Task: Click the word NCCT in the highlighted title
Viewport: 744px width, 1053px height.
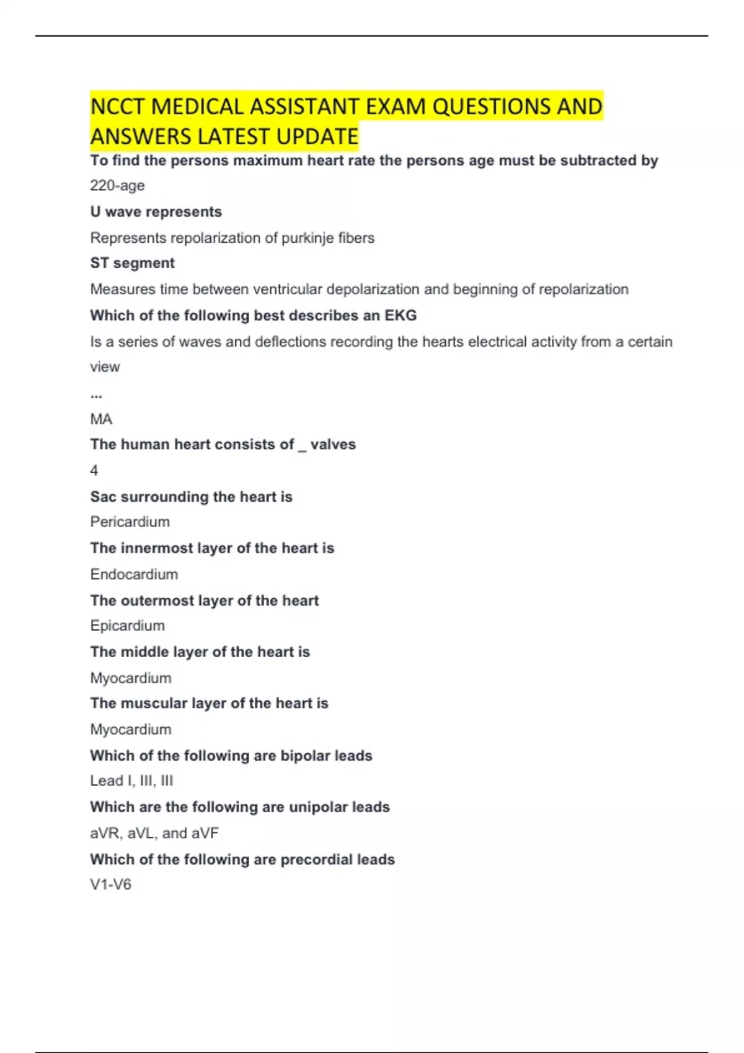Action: pyautogui.click(x=118, y=107)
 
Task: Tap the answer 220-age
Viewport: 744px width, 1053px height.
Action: pyautogui.click(x=117, y=185)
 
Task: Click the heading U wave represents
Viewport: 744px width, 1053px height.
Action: pyautogui.click(x=156, y=212)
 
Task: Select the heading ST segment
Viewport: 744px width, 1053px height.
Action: pyautogui.click(x=132, y=263)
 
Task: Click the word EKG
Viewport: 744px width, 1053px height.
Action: pyautogui.click(x=401, y=315)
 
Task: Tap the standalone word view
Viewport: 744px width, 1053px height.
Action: pyautogui.click(x=105, y=367)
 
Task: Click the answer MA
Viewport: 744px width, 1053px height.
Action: pyautogui.click(x=101, y=419)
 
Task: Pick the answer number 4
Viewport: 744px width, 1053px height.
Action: pyautogui.click(x=94, y=471)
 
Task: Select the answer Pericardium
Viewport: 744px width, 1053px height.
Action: pyautogui.click(x=130, y=522)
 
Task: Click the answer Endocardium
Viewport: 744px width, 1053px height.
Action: pyautogui.click(x=134, y=574)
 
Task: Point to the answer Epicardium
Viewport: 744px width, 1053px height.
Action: pyautogui.click(x=127, y=626)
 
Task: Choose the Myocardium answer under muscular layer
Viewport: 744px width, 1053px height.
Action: pyautogui.click(x=131, y=729)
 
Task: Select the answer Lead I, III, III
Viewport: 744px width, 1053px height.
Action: pyautogui.click(x=131, y=780)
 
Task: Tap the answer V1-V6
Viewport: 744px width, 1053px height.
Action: pyautogui.click(x=110, y=885)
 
